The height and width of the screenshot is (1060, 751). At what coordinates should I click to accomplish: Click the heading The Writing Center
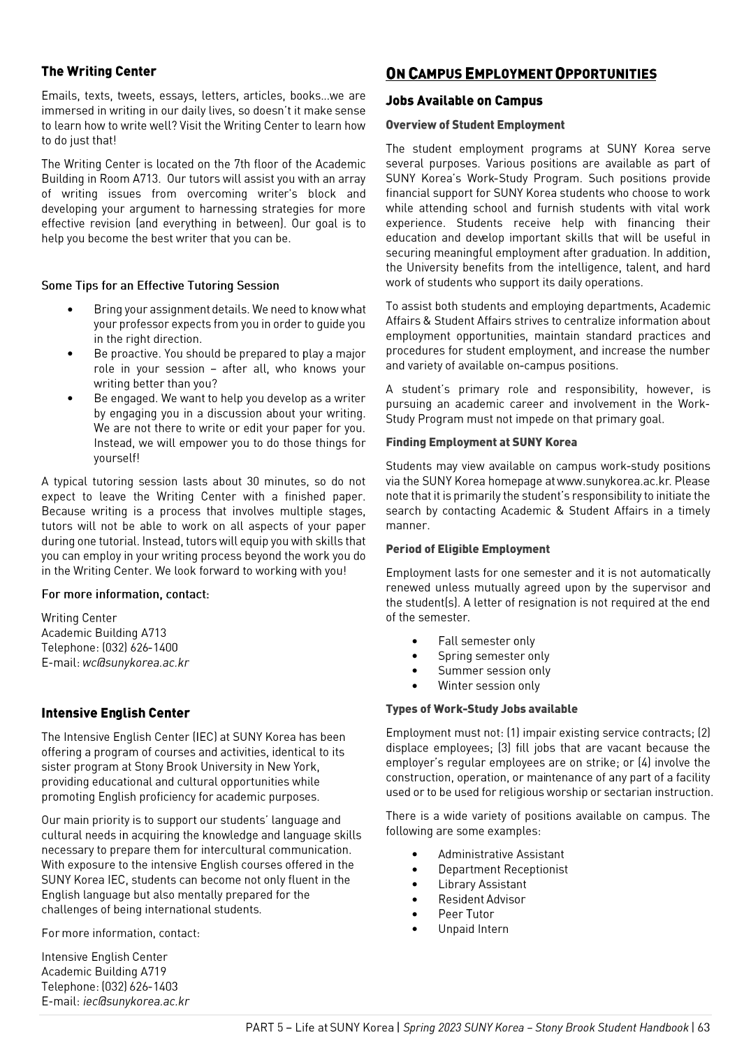(99, 71)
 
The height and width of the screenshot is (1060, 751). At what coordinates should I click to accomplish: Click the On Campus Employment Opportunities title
(520, 74)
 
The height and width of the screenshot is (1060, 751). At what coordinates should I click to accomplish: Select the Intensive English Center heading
(115, 713)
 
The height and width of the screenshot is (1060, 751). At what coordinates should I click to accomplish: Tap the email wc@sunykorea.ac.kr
(136, 663)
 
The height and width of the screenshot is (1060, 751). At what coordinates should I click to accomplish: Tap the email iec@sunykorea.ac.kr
(136, 1001)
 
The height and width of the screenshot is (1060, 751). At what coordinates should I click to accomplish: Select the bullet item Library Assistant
(482, 884)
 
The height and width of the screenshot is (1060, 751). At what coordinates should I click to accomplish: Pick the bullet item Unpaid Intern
(473, 929)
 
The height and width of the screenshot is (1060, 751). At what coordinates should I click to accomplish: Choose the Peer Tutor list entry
(466, 914)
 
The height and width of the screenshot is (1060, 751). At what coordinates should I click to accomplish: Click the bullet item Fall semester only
(486, 641)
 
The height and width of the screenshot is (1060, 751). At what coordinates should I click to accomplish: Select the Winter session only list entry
(488, 686)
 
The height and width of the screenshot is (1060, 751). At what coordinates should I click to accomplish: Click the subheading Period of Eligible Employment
(467, 549)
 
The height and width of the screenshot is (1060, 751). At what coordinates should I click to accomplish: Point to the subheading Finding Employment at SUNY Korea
(481, 442)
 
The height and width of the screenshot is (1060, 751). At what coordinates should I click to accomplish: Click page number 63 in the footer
(703, 1027)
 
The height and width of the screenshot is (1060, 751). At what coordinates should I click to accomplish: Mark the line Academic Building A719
(103, 971)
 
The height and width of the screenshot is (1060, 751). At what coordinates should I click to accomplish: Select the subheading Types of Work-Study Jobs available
(481, 709)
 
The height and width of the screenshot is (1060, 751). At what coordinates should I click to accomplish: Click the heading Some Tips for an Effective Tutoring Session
(160, 286)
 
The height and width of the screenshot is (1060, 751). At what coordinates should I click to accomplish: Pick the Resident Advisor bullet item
(481, 899)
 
